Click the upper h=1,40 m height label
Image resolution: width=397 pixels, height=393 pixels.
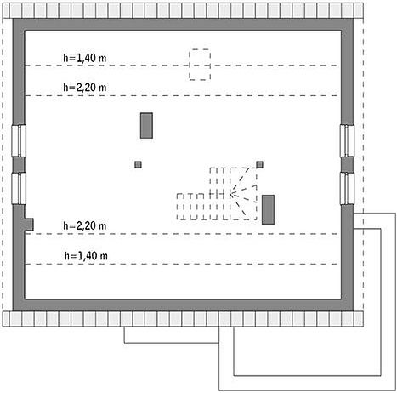click(84, 58)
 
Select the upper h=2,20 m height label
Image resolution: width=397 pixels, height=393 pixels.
click(84, 88)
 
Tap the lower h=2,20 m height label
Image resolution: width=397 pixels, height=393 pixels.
click(84, 225)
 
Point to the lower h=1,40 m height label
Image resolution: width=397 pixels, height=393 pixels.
click(86, 256)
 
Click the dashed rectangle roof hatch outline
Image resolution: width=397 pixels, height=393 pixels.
click(200, 49)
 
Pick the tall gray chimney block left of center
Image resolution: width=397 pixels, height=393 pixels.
click(146, 126)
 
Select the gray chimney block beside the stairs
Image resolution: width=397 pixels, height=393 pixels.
click(268, 209)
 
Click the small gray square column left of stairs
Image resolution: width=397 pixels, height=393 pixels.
click(138, 164)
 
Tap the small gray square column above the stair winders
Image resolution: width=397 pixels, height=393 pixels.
click(259, 164)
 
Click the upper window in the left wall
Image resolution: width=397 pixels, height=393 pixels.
click(19, 140)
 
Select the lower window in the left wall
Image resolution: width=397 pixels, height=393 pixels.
click(19, 188)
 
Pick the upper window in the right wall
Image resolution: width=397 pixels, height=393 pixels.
click(347, 140)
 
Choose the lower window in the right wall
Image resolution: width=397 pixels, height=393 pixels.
click(347, 188)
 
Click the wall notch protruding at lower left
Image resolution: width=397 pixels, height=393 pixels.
click(29, 224)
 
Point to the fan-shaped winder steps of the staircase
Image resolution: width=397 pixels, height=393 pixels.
click(243, 194)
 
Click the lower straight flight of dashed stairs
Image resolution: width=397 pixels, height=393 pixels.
click(198, 207)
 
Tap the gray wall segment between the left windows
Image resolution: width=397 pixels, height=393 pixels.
click(19, 164)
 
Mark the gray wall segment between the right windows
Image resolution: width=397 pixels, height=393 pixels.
click(347, 164)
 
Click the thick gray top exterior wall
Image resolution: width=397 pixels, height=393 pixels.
click(183, 25)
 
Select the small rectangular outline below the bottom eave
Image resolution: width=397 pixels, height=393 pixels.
click(172, 343)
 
